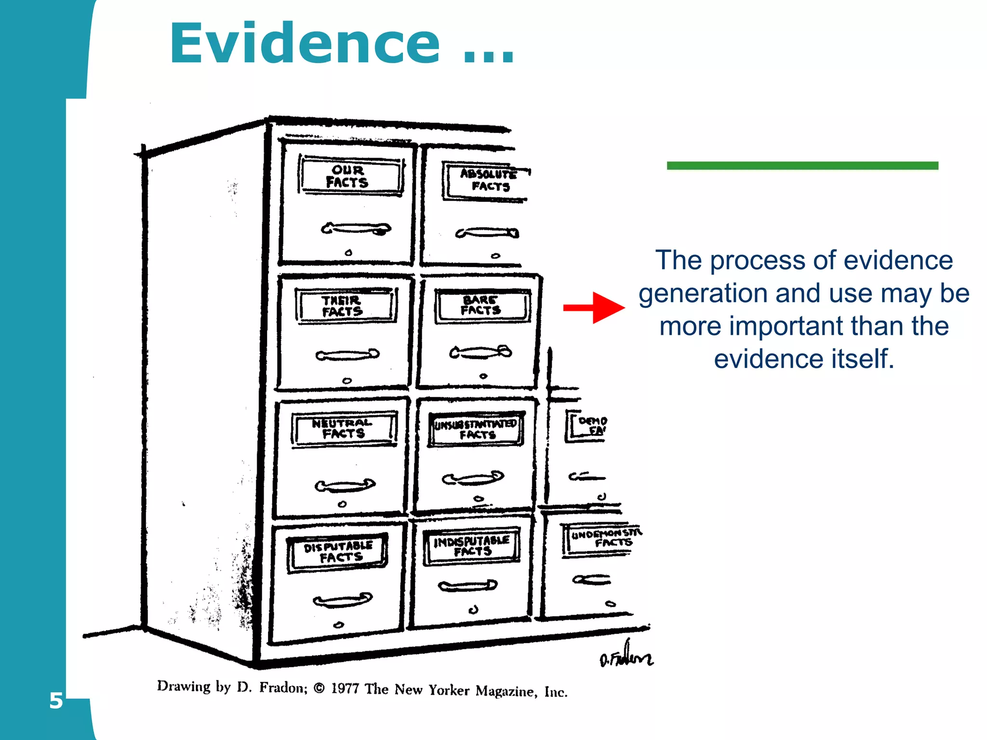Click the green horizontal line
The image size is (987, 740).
pyautogui.click(x=802, y=166)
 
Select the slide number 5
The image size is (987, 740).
pyautogui.click(x=56, y=701)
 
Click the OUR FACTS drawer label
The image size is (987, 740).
pyautogui.click(x=350, y=176)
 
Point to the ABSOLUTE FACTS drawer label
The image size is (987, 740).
pyautogui.click(x=487, y=180)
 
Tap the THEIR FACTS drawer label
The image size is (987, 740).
pyautogui.click(x=344, y=306)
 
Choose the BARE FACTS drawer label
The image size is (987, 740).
pyautogui.click(x=482, y=305)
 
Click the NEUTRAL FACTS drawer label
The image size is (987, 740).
pyautogui.click(x=343, y=428)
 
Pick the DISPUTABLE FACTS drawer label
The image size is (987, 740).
pyautogui.click(x=337, y=552)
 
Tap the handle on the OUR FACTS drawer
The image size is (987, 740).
pyautogui.click(x=356, y=228)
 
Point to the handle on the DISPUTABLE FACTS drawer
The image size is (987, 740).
pyautogui.click(x=342, y=600)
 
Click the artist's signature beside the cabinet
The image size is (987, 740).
pyautogui.click(x=626, y=656)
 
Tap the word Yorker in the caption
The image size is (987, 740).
pyautogui.click(x=449, y=690)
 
